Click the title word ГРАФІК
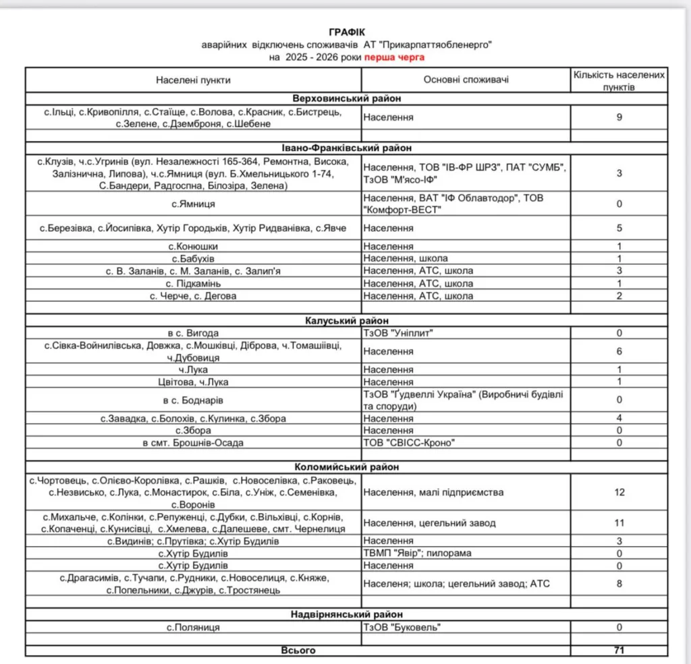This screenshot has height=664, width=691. pyautogui.click(x=347, y=32)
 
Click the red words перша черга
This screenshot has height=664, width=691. pyautogui.click(x=394, y=57)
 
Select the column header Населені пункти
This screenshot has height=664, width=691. pyautogui.click(x=193, y=80)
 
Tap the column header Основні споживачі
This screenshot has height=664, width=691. pyautogui.click(x=466, y=80)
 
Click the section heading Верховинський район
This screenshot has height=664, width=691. pyautogui.click(x=346, y=98)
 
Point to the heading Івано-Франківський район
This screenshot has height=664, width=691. pyautogui.click(x=346, y=148)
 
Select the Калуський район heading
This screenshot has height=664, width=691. pyautogui.click(x=346, y=320)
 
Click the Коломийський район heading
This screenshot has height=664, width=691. pyautogui.click(x=346, y=466)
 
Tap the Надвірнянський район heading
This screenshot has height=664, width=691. pyautogui.click(x=346, y=614)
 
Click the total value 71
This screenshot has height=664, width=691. pyautogui.click(x=619, y=651)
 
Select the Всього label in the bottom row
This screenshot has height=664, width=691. pyautogui.click(x=298, y=651)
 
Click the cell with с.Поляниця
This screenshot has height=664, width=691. pyautogui.click(x=193, y=627)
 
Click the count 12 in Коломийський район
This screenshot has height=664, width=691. pyautogui.click(x=619, y=492)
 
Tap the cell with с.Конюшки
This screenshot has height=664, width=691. pyautogui.click(x=193, y=246)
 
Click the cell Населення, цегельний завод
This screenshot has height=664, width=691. pyautogui.click(x=429, y=522)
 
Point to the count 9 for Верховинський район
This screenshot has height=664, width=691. pyautogui.click(x=619, y=117)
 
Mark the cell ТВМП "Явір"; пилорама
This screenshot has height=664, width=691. pyautogui.click(x=417, y=553)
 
